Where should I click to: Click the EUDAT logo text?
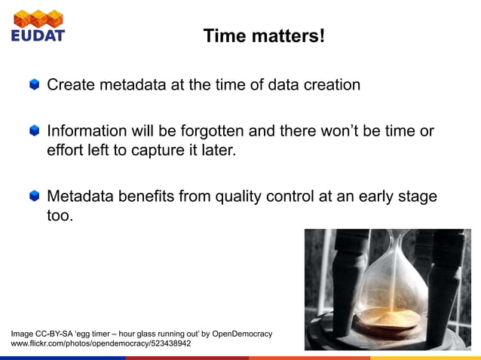38,35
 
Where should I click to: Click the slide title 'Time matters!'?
263,35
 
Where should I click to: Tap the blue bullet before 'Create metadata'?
35,85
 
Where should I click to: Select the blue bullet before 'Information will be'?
35,132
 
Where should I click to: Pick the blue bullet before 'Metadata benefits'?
35,197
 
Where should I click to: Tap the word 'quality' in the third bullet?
241,197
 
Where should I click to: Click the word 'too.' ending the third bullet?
61,216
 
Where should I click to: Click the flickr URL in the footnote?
100,343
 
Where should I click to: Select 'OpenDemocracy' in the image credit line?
242,333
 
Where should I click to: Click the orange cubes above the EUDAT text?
38,17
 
